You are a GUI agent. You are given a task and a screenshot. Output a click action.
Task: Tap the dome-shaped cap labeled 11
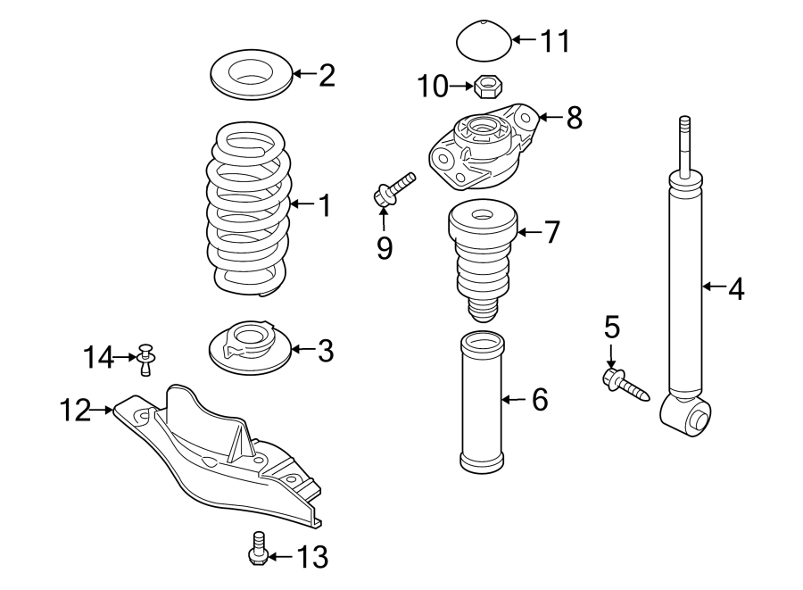483,41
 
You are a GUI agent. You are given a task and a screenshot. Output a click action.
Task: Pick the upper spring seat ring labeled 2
250,75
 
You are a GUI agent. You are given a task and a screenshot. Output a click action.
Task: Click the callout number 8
573,116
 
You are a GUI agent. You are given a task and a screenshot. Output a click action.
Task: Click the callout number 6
540,400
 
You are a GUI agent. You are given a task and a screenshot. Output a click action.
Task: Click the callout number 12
77,411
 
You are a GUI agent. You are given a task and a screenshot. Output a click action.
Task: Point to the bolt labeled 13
257,549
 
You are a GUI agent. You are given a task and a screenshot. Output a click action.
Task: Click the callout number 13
311,558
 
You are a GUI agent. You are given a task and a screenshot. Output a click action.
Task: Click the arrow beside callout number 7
528,233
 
